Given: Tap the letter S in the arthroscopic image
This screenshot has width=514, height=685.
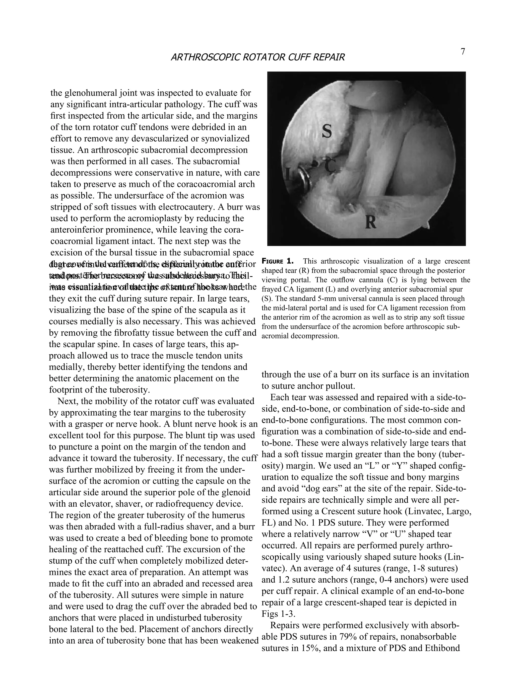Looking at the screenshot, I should coord(327,131).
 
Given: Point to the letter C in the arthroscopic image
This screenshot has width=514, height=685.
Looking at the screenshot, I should coord(330,167).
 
